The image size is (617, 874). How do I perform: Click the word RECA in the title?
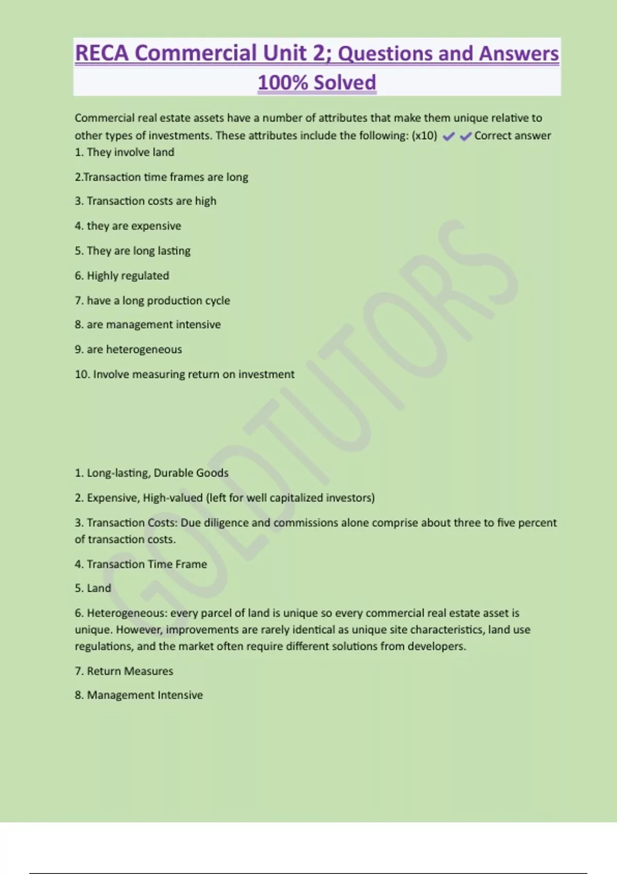[x=102, y=53]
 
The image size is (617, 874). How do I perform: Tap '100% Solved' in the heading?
[x=317, y=82]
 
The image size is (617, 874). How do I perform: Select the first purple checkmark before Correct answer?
[x=448, y=136]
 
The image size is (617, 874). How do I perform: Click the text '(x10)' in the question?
[x=424, y=136]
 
